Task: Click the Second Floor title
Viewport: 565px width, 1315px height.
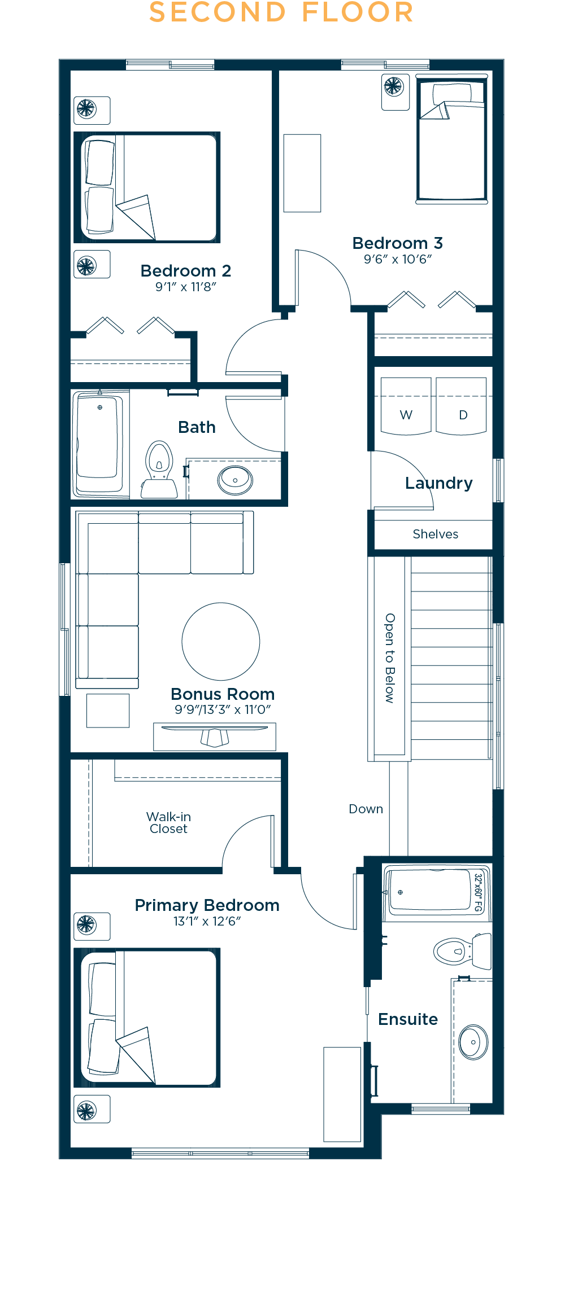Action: [x=281, y=12]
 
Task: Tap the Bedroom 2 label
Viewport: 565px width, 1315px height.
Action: [x=186, y=271]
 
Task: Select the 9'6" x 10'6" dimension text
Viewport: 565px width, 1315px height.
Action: [x=398, y=259]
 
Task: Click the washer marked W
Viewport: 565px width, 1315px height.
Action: [x=406, y=406]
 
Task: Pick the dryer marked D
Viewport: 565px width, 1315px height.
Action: [x=461, y=406]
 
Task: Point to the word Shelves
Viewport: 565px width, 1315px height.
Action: [x=436, y=534]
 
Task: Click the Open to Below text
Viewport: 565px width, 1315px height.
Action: [x=390, y=658]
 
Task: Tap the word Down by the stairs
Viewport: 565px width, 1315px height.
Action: [x=366, y=809]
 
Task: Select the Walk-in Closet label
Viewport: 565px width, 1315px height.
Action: [x=168, y=823]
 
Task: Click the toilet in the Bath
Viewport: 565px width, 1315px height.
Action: [x=159, y=470]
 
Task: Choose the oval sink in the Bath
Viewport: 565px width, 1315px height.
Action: [x=235, y=480]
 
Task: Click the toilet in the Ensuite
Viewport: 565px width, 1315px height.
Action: [x=462, y=952]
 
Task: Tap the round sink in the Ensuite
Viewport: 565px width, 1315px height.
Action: [x=473, y=1042]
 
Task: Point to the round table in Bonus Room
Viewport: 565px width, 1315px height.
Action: [x=221, y=642]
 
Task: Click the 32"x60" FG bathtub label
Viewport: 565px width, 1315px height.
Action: [x=479, y=893]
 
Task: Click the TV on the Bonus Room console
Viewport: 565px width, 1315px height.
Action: [x=215, y=735]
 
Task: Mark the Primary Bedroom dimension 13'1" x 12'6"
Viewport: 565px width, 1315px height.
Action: [x=207, y=921]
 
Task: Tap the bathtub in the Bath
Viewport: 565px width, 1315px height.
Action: [x=99, y=444]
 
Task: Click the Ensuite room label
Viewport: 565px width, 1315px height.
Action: [x=408, y=1019]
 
